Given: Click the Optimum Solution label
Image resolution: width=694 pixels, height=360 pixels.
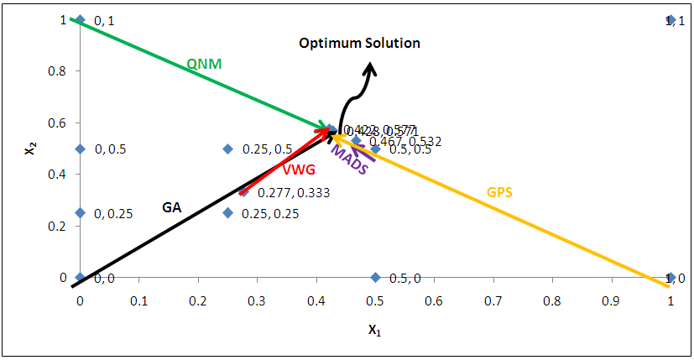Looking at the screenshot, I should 360,43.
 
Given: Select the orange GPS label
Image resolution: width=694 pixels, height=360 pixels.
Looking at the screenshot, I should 499,192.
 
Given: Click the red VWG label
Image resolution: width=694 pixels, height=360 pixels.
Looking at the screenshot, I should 299,170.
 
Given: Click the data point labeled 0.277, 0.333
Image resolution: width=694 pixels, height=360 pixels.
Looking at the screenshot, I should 244,192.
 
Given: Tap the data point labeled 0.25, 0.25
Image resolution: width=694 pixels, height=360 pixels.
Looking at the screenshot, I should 227,212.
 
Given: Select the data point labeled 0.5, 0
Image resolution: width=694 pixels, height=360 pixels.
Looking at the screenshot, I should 375,278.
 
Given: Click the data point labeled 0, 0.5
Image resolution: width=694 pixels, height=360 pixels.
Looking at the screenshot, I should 80,149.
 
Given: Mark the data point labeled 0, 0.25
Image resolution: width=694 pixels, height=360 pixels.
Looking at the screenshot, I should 80,212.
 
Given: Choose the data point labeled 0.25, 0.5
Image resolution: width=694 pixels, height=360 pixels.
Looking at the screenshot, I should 227,149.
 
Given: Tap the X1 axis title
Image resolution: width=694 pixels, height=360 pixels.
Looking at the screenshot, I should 374,330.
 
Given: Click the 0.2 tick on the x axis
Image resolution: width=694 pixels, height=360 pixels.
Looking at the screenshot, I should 198,300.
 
